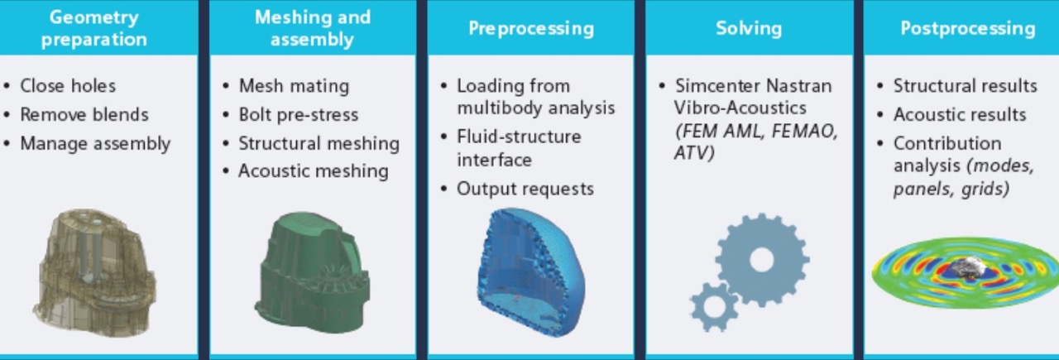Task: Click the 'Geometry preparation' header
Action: coord(93,28)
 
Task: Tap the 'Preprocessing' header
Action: coord(530,28)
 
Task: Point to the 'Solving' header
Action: coord(748,28)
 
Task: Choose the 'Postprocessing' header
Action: coord(967,28)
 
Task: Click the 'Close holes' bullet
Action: coord(68,85)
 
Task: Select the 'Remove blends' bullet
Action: coord(84,114)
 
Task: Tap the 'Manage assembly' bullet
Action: coord(95,143)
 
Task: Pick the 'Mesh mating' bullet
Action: coord(294,85)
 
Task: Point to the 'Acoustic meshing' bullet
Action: coord(313,171)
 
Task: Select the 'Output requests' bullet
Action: coord(525,189)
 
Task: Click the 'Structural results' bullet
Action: coord(965,85)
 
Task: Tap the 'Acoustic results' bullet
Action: coord(960,114)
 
